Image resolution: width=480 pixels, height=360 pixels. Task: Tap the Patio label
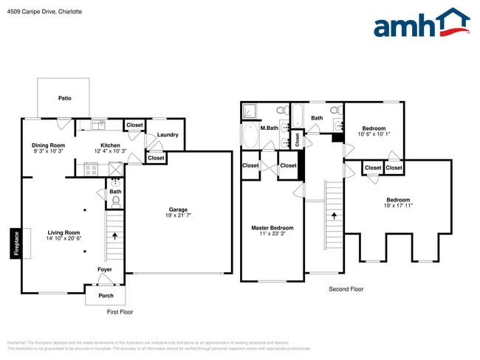pyautogui.click(x=65, y=97)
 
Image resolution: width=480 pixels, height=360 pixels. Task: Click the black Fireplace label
pyautogui.click(x=15, y=243)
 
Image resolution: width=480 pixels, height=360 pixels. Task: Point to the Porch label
pyautogui.click(x=106, y=296)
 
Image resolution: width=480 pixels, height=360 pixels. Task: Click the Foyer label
pyautogui.click(x=106, y=269)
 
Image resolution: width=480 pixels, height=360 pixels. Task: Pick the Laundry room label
pyautogui.click(x=168, y=134)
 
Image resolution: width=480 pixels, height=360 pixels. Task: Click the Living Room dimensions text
pyautogui.click(x=64, y=238)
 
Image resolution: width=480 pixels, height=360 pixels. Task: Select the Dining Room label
pyautogui.click(x=49, y=145)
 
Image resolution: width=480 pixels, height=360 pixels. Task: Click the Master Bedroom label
pyautogui.click(x=272, y=228)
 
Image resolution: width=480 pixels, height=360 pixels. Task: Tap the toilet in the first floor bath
pyautogui.click(x=115, y=199)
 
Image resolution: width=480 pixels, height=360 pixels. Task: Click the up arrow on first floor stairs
pyautogui.click(x=115, y=237)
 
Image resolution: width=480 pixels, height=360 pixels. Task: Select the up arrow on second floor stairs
pyautogui.click(x=334, y=216)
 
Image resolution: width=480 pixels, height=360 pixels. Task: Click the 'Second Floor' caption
pyautogui.click(x=346, y=289)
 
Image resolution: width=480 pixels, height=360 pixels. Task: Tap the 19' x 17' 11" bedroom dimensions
pyautogui.click(x=397, y=206)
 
